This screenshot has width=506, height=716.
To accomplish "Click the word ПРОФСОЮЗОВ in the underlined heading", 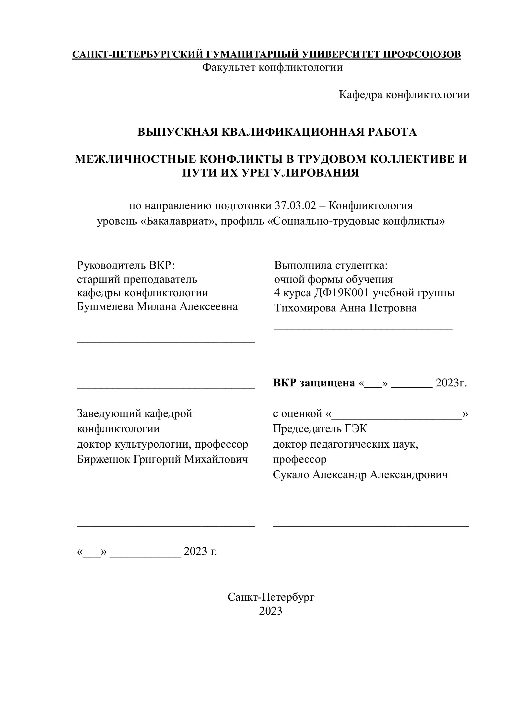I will click(x=422, y=54).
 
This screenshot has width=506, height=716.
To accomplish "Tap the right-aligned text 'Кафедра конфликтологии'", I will click(x=404, y=95).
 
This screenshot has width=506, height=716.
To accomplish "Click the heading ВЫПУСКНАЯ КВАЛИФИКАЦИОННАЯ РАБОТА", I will click(x=277, y=132).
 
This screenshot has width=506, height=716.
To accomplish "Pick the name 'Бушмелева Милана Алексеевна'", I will click(x=157, y=307).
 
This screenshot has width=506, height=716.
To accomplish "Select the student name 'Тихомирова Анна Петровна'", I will click(x=345, y=308).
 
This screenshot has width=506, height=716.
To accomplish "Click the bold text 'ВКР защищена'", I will click(x=314, y=383).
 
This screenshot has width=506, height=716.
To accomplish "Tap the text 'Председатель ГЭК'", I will click(x=320, y=429).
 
